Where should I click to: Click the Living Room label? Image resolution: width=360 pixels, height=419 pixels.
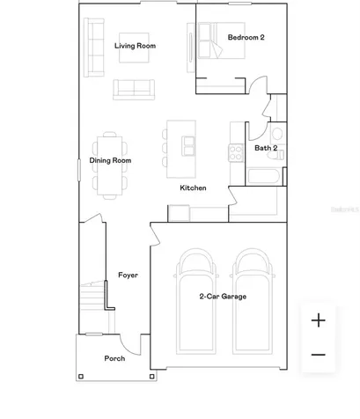(135, 46)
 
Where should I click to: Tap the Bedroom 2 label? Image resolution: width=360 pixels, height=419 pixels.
(246, 37)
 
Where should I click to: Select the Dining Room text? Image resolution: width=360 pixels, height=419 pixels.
(110, 160)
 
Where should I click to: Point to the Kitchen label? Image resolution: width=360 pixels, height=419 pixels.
(193, 187)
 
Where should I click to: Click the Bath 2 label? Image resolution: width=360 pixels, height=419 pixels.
(266, 148)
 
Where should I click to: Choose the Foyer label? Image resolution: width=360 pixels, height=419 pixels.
(128, 275)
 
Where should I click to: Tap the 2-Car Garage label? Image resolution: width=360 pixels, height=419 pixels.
(223, 297)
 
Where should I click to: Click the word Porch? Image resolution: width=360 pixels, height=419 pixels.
(114, 358)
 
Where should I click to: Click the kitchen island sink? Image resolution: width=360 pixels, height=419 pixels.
(188, 146)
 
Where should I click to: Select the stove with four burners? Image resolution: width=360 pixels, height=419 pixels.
(236, 153)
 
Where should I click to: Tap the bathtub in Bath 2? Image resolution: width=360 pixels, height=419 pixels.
(264, 176)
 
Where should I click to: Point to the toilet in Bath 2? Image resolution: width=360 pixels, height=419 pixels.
(276, 155)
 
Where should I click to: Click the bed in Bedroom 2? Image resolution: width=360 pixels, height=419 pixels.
(221, 40)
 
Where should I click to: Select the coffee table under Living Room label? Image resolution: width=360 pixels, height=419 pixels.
(134, 48)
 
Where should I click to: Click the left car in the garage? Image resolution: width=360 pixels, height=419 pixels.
(195, 301)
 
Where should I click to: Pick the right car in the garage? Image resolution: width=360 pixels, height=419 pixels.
(253, 301)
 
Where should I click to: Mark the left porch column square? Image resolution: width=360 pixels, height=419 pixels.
(81, 377)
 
